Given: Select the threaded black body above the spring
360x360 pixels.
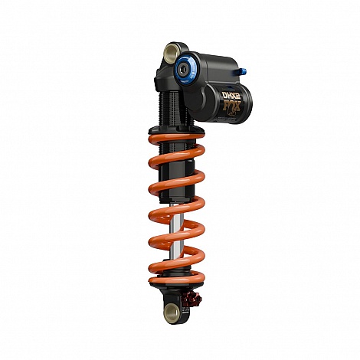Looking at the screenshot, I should tap(169, 100).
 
